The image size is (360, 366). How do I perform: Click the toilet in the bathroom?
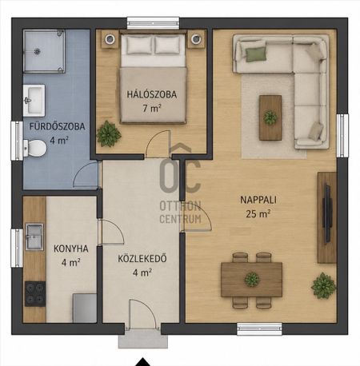pos(34,148)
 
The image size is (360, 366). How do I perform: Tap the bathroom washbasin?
pos(34,101)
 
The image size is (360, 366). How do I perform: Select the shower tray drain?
pos(37,51)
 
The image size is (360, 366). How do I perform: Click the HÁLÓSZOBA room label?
pos(151,94)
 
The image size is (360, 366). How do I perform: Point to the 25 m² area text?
pos(258,213)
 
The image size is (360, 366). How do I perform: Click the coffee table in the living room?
pos(270,117)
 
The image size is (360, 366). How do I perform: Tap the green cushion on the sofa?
pos(256,54)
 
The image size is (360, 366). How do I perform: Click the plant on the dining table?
pos(252,280)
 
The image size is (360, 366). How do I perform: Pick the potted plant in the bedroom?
pos(109,134)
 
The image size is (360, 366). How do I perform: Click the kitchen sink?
pos(34,237)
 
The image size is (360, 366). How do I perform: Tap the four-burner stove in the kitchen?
pos(35,294)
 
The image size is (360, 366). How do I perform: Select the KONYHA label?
pos(71,249)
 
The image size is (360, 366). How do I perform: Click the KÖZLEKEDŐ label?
pos(142,259)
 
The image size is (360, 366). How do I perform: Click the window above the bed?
pos(153,23)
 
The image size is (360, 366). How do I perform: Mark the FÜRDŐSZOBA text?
pos(57,126)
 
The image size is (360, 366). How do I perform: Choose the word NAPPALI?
pos(258,200)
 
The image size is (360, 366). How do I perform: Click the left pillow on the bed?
pos(139,46)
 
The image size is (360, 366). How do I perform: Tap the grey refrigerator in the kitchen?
pos(85,308)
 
